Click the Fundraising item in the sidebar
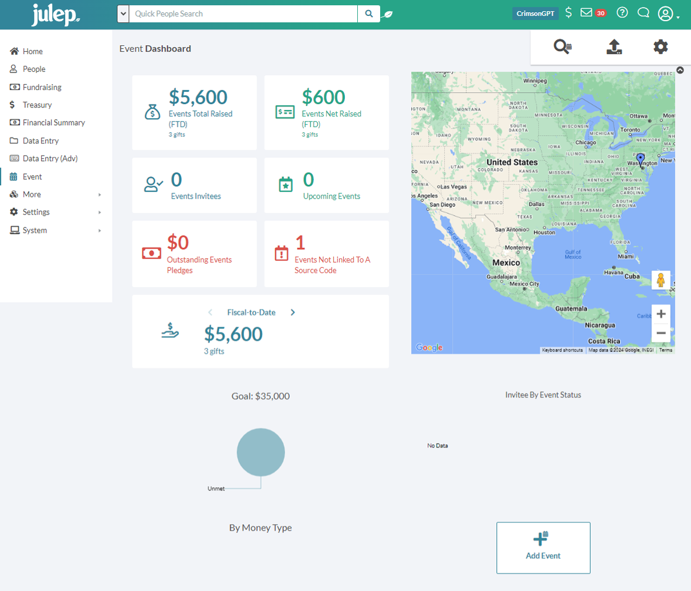42,87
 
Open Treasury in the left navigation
37,105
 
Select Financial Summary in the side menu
53,123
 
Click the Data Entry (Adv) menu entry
50,159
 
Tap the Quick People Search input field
243,14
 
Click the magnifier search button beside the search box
368,14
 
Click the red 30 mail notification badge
601,14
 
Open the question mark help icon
622,13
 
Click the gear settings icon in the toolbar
660,47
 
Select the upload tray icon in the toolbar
614,47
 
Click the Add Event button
543,548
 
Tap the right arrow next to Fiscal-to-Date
293,313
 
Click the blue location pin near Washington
640,159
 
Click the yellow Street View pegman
660,280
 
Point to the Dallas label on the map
536,204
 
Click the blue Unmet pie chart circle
261,452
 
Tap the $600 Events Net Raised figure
323,97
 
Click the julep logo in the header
56,15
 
